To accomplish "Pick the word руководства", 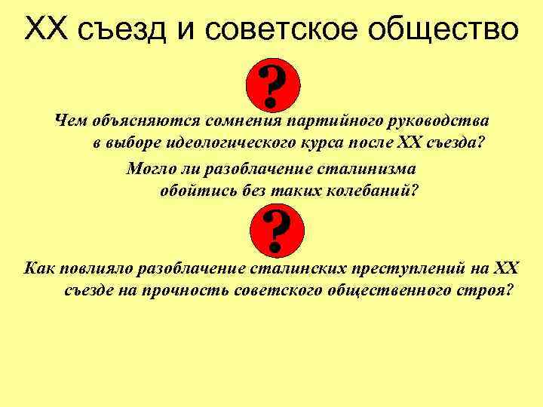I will [x=441, y=121].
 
